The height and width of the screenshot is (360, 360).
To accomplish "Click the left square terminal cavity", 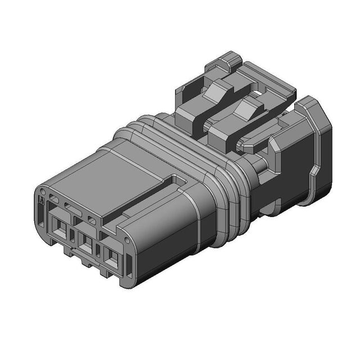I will click(x=58, y=228).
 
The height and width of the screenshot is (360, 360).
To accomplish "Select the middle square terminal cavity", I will click(x=86, y=243).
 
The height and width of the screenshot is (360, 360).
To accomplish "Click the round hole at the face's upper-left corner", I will click(x=53, y=198).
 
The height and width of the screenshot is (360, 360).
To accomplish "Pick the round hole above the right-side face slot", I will click(x=92, y=218).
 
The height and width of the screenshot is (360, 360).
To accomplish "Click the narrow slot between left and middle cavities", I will click(x=72, y=233).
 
